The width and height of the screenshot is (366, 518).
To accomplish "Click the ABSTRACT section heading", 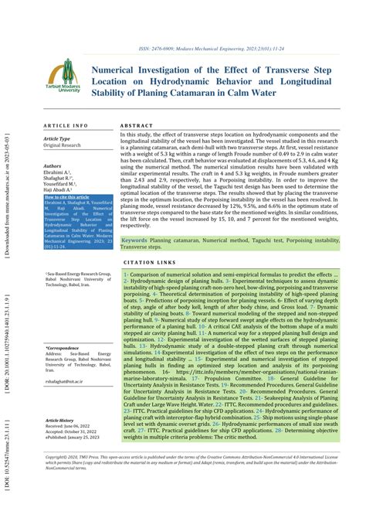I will pyautogui.click(x=137, y=124).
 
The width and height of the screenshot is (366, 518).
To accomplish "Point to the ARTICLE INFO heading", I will pyautogui.click(x=66, y=124).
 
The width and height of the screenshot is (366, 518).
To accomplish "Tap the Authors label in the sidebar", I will pyautogui.click(x=53, y=165).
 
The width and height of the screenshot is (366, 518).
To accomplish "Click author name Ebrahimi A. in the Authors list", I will pyautogui.click(x=59, y=172).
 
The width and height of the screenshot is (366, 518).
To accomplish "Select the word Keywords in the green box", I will pyautogui.click(x=136, y=240).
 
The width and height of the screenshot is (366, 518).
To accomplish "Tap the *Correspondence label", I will pyautogui.click(x=63, y=349).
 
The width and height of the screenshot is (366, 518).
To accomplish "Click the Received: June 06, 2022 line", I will pyautogui.click(x=74, y=427).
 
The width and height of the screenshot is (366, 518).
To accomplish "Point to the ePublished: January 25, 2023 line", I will pyautogui.click(x=79, y=438).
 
